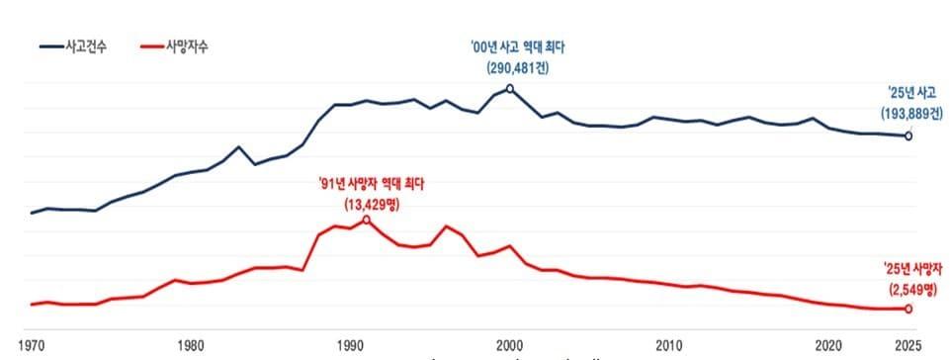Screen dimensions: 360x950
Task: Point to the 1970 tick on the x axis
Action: point(31,344)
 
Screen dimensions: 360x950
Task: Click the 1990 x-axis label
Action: point(350,344)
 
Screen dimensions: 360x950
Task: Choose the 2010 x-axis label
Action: point(670,344)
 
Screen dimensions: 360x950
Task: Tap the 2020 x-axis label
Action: point(829,344)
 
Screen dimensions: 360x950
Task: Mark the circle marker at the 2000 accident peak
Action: point(510,89)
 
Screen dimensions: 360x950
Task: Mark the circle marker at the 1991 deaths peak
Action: point(366,220)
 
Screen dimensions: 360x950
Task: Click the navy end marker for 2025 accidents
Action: point(908,135)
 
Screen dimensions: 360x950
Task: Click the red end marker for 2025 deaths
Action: point(908,309)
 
